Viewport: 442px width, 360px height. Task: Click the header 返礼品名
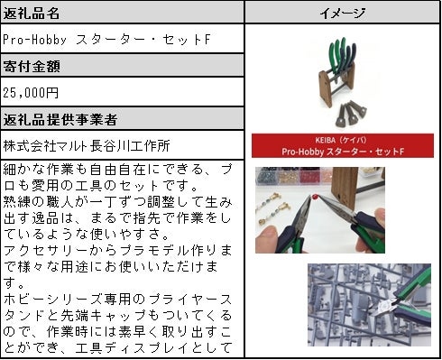tap(32, 14)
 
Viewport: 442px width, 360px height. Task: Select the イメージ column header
tap(342, 14)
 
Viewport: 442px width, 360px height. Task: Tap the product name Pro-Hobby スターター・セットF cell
tap(106, 40)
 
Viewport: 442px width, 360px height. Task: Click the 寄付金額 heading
tap(32, 66)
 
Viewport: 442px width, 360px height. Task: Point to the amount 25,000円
tap(31, 93)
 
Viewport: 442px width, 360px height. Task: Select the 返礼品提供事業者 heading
tap(60, 119)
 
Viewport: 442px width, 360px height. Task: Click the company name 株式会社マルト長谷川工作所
tap(87, 146)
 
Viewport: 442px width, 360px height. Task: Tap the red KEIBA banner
tap(343, 145)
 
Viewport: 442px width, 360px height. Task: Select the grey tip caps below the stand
tap(351, 114)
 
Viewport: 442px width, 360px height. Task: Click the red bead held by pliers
tap(314, 197)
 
